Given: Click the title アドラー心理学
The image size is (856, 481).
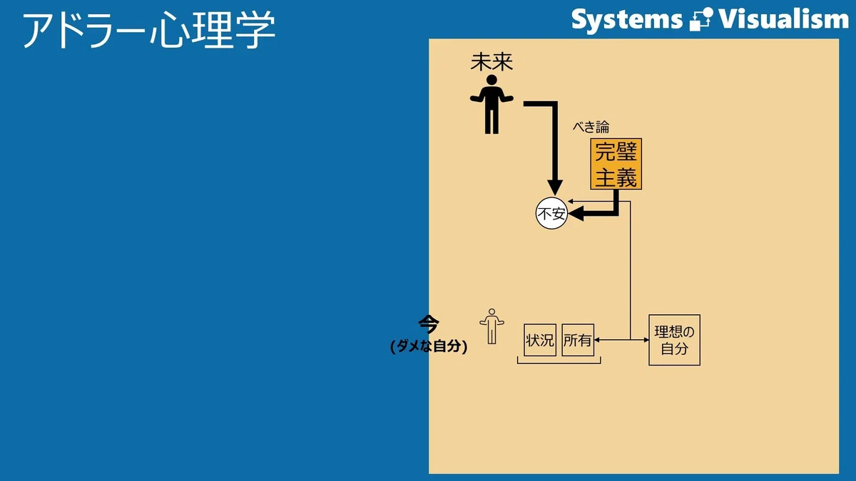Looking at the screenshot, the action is coord(149,30).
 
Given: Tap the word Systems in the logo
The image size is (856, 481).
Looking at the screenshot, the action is coord(627,20).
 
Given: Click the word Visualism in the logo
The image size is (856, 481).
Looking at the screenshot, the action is coord(784,19).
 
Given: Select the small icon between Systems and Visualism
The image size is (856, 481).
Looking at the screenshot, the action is coord(701,19).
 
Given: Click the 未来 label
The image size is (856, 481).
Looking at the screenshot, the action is coord(491,62).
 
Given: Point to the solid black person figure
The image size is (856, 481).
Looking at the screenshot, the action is coord(491,104).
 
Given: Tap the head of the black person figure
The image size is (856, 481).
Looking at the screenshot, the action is coord(491,80).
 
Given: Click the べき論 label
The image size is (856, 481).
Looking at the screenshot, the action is coord(591,127).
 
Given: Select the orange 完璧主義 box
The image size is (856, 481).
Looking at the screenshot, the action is coord(616,164).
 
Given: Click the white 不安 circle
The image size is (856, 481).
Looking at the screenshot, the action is coord(551,214).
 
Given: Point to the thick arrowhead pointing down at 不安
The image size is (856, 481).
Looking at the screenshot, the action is coord(555,187).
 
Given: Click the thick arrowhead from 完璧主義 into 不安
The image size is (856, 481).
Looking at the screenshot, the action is coord(576,214).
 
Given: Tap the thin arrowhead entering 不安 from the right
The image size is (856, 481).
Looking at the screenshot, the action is coord(571,201).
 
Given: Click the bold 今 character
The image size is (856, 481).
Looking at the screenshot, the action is coord(429,325).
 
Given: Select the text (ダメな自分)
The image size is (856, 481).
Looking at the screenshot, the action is coord(429,346).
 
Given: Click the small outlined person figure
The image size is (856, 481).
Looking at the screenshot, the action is coord(491,326).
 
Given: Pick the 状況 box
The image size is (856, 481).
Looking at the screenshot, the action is coord(540,340).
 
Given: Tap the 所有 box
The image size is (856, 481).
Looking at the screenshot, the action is coord(578,340).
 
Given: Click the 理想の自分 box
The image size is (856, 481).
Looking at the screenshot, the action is coord(675,340).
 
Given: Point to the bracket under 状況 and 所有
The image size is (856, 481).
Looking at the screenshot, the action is coord(559,363).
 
